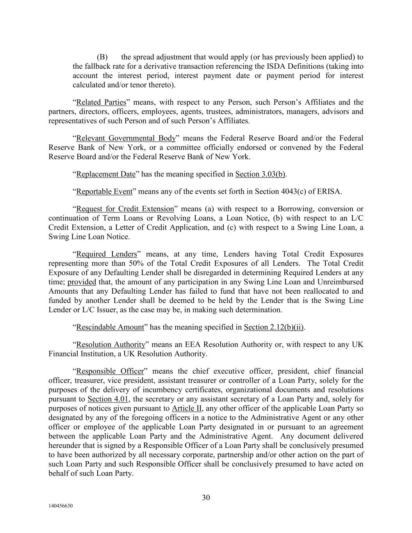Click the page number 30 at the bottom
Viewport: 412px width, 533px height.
pyautogui.click(x=206, y=497)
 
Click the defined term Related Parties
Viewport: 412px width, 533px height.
pyautogui.click(x=101, y=102)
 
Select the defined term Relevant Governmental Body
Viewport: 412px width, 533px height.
pyautogui.click(x=126, y=138)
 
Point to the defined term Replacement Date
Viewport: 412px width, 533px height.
pyautogui.click(x=105, y=174)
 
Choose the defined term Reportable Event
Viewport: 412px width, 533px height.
pyautogui.click(x=104, y=192)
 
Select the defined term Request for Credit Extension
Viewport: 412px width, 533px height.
pyautogui.click(x=125, y=209)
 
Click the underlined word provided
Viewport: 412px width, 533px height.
pyautogui.click(x=82, y=282)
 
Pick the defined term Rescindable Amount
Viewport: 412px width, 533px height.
pyautogui.click(x=110, y=327)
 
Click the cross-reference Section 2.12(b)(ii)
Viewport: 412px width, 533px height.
pyautogui.click(x=274, y=327)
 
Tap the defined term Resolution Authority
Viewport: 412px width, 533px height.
pyautogui.click(x=111, y=345)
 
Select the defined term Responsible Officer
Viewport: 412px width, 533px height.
pyautogui.click(x=110, y=371)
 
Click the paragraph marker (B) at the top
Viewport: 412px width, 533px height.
pyautogui.click(x=102, y=57)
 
